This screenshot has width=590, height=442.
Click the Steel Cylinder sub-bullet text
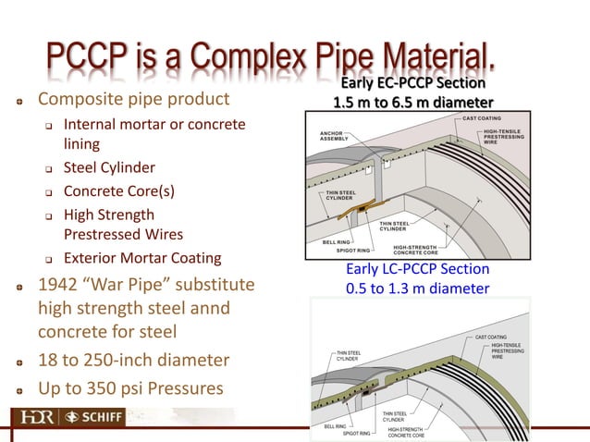pos(108,168)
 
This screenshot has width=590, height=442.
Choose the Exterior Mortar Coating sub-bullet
pos(142,258)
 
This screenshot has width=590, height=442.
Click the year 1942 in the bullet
pos(59,283)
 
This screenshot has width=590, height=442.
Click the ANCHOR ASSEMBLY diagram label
pos(331,137)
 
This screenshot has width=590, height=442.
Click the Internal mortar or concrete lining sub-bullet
pos(154,134)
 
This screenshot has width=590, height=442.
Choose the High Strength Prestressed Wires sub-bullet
pos(122,225)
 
